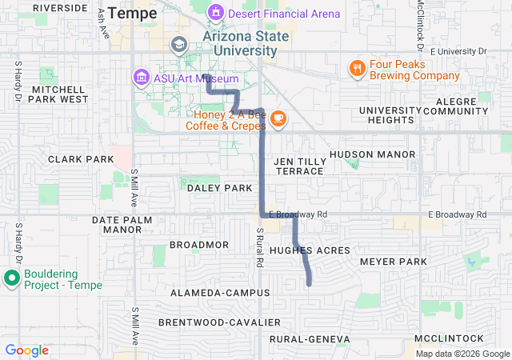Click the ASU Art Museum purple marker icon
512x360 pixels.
click(141, 78)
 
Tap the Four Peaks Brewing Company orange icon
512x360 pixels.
click(357, 69)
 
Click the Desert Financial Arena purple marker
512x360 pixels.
click(215, 14)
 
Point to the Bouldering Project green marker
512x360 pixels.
click(12, 278)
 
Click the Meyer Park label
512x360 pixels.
click(394, 262)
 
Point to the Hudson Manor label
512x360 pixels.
click(372, 154)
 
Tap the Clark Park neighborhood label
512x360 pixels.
click(81, 159)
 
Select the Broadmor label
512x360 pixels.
click(199, 245)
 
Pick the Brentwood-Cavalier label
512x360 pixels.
click(219, 322)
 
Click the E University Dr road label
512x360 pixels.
click(458, 51)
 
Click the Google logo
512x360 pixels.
click(27, 350)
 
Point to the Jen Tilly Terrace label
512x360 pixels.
click(298, 166)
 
